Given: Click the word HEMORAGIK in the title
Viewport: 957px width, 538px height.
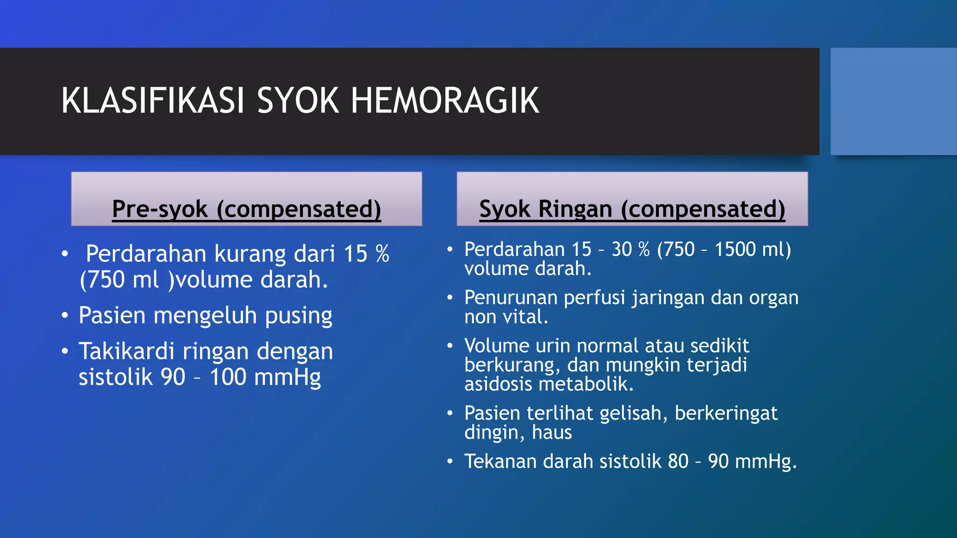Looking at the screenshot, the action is [445, 101].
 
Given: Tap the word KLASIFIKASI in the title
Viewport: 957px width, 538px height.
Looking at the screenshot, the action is [153, 101].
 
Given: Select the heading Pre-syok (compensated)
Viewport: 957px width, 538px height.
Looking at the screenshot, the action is [246, 209].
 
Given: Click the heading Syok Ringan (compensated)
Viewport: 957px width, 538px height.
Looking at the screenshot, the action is [632, 209].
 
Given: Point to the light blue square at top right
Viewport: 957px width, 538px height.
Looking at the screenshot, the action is [893, 101].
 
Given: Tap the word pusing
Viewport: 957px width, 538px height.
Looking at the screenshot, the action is [299, 316].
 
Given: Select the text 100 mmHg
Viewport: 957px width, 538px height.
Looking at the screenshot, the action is [265, 377].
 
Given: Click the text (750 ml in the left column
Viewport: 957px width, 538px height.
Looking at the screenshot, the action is [119, 280].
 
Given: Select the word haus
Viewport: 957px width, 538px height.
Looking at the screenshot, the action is [552, 432].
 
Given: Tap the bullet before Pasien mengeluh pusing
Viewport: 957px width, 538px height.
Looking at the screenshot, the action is [65, 316].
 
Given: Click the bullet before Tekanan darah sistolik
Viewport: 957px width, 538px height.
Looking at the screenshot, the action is [450, 462].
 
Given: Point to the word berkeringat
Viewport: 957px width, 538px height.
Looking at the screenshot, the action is [726, 414].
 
